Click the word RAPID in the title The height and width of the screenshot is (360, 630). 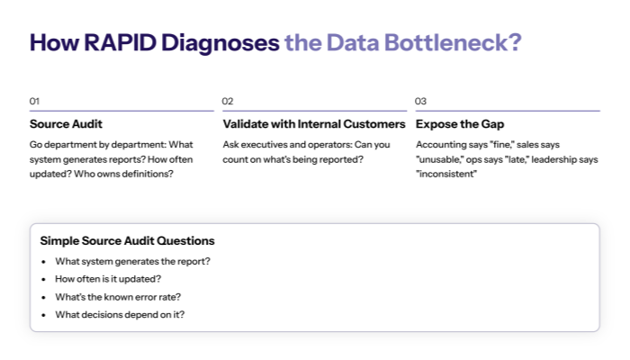point(115,43)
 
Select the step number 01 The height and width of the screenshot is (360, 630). point(34,101)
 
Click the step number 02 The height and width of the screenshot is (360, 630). point(228,101)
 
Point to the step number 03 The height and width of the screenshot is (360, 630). point(421,101)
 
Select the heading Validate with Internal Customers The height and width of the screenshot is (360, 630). point(314,124)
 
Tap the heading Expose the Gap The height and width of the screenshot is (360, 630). point(460,124)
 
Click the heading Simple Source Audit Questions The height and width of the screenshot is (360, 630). point(127,241)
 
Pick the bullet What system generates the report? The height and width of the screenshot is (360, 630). point(132,261)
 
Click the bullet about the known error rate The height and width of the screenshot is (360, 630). point(118,296)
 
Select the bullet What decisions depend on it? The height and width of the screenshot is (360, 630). point(120,314)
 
